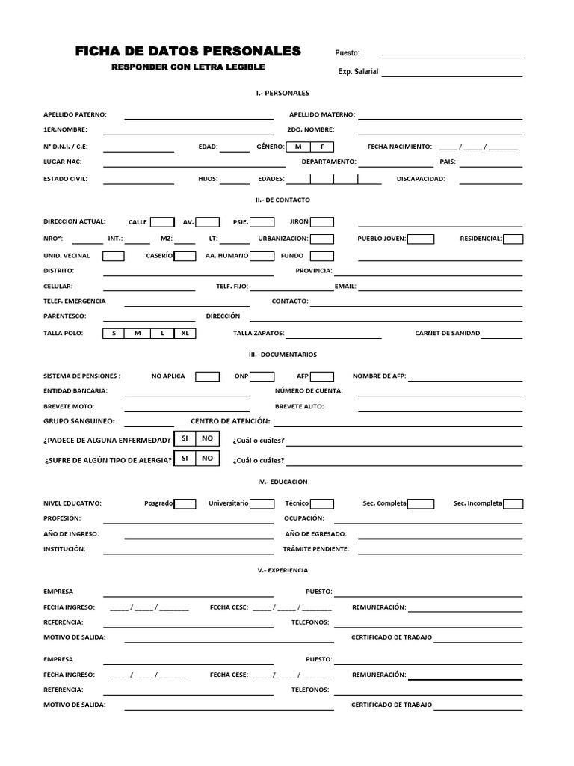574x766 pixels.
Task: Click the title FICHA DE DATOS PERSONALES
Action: [x=188, y=51]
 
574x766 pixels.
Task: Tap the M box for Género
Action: [x=298, y=147]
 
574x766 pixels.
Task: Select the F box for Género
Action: [x=323, y=147]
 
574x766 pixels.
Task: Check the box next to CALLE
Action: [x=162, y=221]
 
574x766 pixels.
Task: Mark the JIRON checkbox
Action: [x=322, y=221]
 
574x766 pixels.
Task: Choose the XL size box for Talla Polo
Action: [x=185, y=333]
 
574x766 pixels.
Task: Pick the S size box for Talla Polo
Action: [x=114, y=333]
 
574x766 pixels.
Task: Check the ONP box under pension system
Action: [x=262, y=376]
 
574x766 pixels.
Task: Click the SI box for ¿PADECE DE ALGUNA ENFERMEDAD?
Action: [x=185, y=438]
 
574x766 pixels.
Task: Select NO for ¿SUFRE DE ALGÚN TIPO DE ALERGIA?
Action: [x=208, y=458]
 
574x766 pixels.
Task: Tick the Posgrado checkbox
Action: [x=185, y=503]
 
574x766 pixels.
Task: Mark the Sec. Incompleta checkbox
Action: [x=513, y=503]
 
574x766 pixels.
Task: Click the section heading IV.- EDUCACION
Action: [x=283, y=482]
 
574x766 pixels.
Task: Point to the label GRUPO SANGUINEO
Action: [x=78, y=421]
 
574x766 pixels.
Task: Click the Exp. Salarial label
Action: [x=358, y=72]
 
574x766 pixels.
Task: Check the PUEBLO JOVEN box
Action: [x=421, y=239]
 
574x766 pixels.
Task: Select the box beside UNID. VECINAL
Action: [x=114, y=256]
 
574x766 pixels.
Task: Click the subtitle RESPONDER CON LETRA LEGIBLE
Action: [x=188, y=67]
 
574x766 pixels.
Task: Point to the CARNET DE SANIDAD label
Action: [x=448, y=333]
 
